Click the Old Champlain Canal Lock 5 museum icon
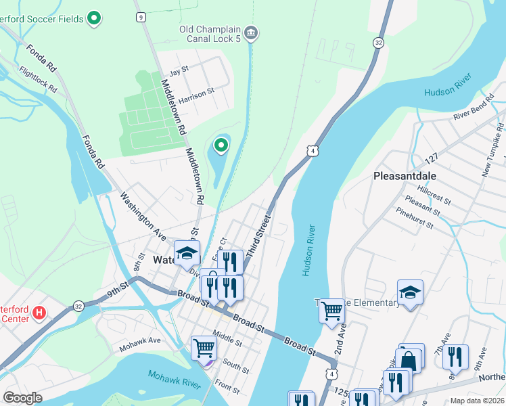(x=251, y=32)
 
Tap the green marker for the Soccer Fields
(x=95, y=18)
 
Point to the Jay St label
(x=179, y=71)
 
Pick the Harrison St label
(x=197, y=93)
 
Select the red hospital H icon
(x=39, y=313)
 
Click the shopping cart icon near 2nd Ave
(x=331, y=311)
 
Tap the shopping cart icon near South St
(x=204, y=348)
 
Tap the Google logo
(x=22, y=398)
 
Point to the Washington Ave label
(x=143, y=216)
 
